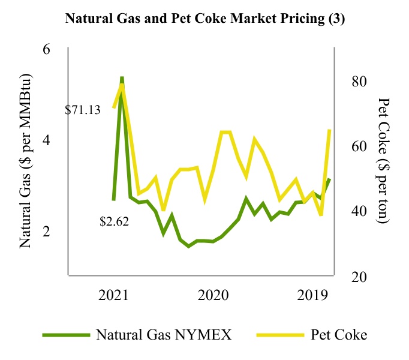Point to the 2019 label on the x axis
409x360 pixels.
[312, 295]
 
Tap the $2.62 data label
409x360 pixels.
[115, 221]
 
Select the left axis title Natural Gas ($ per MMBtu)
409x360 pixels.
[26, 162]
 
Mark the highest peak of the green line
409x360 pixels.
[122, 79]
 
